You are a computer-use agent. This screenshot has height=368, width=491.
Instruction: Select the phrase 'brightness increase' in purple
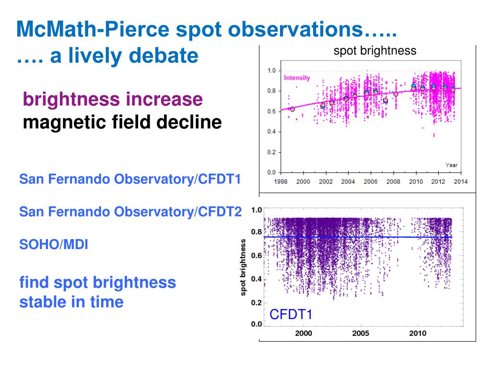113,99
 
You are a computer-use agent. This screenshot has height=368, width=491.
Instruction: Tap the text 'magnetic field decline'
122,122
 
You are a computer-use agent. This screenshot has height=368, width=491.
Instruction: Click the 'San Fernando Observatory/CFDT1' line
130,180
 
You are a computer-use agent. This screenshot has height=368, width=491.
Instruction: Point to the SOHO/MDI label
54,244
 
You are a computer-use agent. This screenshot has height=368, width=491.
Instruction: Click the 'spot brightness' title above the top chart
375,51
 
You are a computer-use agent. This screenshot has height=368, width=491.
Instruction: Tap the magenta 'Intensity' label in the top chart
297,78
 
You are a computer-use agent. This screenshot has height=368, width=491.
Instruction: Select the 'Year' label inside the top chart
451,165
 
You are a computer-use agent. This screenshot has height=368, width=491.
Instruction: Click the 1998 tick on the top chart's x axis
281,182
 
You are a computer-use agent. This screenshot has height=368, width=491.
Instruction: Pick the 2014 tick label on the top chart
461,182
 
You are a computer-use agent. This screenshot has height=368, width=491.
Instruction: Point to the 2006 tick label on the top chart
371,182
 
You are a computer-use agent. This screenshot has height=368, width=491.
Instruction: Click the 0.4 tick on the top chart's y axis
271,132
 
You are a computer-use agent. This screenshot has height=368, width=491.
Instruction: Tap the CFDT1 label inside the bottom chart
291,315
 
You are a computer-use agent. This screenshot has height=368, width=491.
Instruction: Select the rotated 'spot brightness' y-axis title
243,267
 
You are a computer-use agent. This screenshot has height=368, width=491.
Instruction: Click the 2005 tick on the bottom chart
361,333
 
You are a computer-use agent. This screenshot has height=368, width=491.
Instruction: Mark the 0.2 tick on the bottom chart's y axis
257,303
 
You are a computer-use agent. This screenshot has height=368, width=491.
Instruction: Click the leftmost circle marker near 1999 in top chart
292,109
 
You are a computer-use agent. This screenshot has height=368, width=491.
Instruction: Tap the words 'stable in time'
71,302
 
